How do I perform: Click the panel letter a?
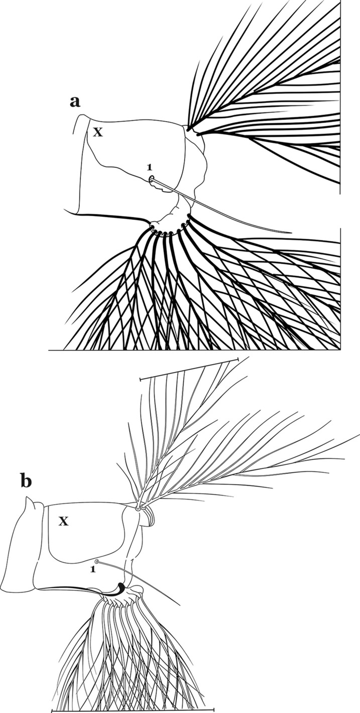75,102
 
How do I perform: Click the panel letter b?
26,482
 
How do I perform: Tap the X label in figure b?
63,522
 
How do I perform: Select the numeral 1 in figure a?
149,167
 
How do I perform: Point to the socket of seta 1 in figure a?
151,179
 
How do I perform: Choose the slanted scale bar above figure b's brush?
188,369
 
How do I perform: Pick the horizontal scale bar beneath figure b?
133,710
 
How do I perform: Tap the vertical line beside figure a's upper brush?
340,95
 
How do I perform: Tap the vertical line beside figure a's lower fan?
340,286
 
